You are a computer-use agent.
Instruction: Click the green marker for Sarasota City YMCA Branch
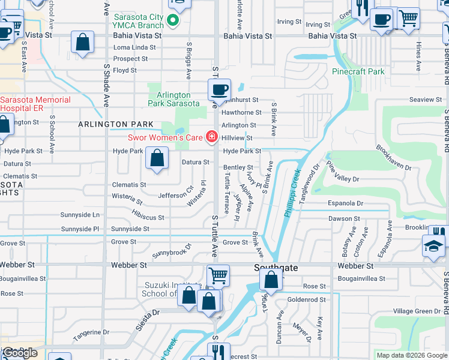173,21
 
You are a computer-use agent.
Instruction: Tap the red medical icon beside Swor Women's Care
211,137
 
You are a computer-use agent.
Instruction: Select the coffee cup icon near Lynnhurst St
218,91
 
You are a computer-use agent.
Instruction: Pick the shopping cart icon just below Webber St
218,275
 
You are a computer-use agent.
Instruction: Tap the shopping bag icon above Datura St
157,159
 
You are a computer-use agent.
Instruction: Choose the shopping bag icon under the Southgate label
271,280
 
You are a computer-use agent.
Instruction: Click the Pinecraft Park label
358,71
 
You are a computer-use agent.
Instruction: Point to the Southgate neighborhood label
276,268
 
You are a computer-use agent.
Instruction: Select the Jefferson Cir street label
175,196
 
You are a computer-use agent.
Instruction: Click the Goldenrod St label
306,299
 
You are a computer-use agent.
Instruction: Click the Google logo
20,353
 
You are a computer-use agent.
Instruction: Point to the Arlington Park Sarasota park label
174,99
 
